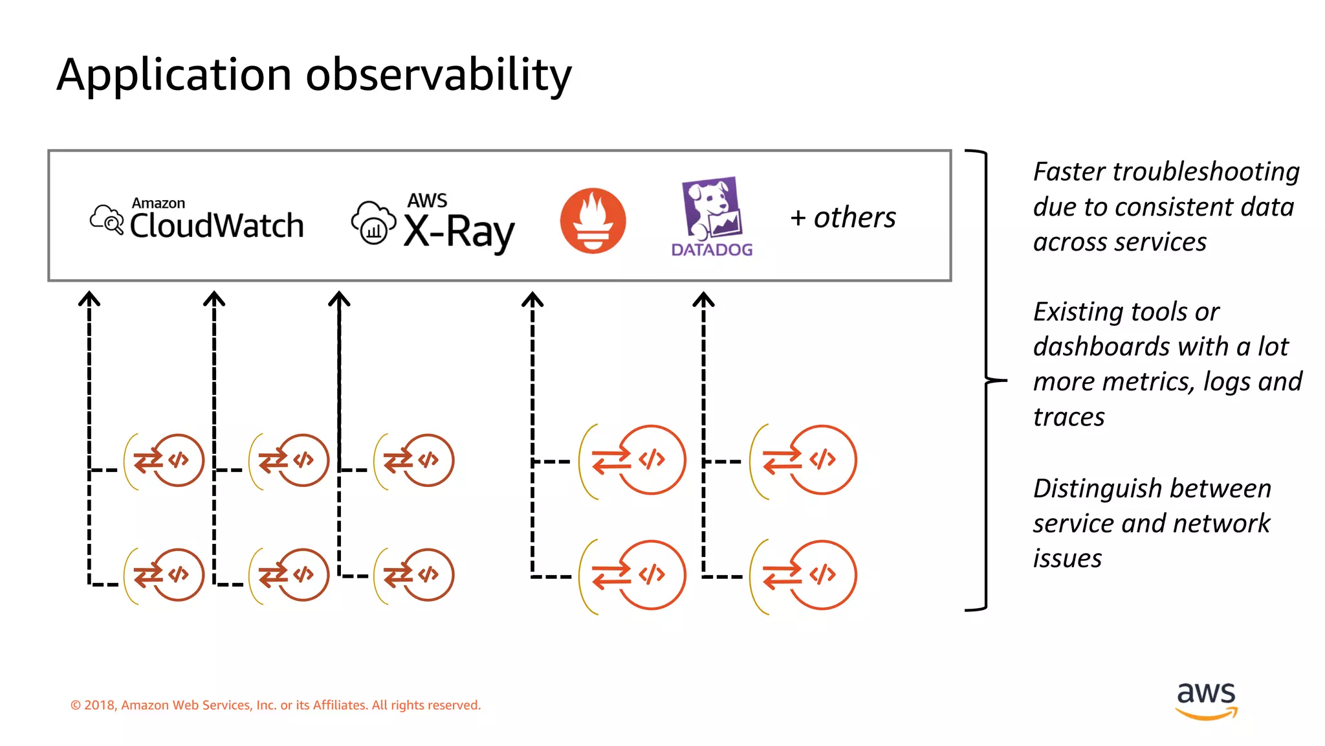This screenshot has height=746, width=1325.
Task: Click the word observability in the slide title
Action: click(438, 75)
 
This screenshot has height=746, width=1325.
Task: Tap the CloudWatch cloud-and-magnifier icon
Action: click(107, 220)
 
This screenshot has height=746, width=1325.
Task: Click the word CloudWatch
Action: click(217, 225)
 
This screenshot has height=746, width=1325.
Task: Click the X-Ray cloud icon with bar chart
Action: click(373, 223)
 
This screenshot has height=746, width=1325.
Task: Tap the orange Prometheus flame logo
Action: click(593, 221)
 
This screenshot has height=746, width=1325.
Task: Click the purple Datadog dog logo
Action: click(712, 208)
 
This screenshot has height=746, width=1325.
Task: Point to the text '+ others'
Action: click(843, 218)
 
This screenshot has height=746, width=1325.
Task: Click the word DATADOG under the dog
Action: click(712, 250)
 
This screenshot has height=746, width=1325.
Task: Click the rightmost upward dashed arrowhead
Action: click(703, 299)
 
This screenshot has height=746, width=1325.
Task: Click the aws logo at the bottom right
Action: click(1206, 699)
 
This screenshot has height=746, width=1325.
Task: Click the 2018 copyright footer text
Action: click(276, 705)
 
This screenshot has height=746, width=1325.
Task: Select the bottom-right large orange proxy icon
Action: click(804, 575)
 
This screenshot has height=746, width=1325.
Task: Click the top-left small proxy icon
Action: click(165, 460)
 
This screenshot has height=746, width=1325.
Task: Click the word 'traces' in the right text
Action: click(1069, 417)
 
